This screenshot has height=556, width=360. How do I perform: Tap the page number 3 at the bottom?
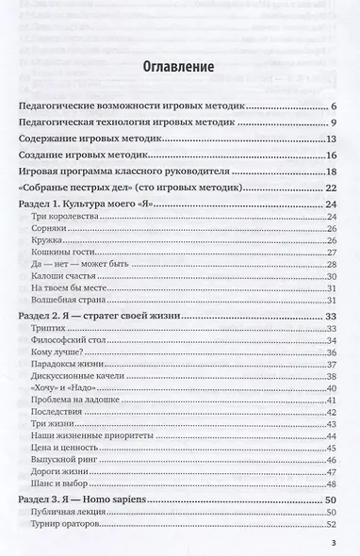(333, 542)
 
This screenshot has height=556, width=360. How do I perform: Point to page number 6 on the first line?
(334, 104)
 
